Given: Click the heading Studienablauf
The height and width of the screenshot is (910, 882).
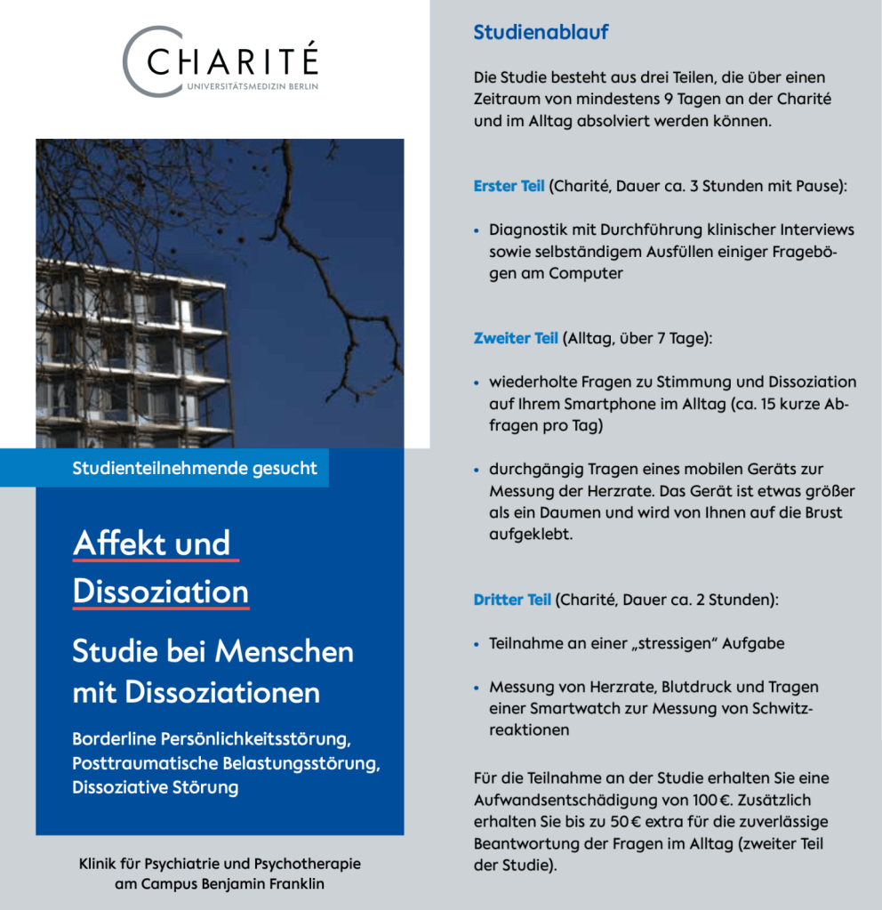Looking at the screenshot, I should coord(541,33).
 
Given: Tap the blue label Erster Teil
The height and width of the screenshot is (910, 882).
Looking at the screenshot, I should coord(509,187).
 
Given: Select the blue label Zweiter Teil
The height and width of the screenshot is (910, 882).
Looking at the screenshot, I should coord(516,338).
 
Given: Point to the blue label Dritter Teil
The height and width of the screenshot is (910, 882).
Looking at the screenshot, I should coord(512,600).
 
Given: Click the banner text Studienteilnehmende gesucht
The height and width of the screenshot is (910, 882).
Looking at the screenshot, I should coord(195,468).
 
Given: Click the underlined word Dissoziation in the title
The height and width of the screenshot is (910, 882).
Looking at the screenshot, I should coord(161,592).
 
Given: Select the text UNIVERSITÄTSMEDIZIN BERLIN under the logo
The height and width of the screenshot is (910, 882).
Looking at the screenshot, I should coord(252,86).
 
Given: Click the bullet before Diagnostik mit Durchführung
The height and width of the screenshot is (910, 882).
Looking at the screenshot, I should coord(477,231).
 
